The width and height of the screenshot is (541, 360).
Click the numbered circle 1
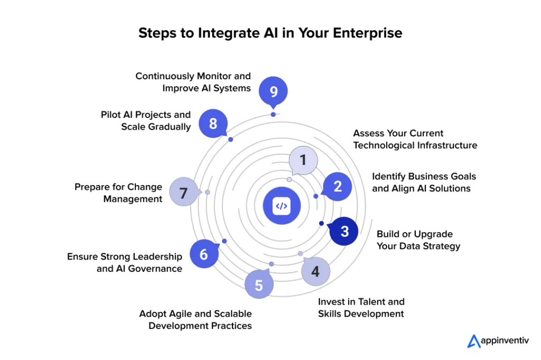pos(303,160)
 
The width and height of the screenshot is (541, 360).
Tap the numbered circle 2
pos(338,186)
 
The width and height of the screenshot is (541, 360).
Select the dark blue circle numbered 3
pos(344,232)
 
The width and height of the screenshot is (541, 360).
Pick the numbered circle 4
pos(315,272)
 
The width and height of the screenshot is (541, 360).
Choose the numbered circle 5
pos(259,285)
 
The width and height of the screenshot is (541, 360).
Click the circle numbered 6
pos(204,254)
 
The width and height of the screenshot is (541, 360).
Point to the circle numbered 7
pos(183,193)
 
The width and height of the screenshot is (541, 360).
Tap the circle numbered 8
pos(213,124)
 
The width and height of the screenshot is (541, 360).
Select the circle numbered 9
pos(273,91)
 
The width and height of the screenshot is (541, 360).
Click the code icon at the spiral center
pos(282,206)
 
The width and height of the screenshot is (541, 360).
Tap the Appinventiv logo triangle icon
pos(473,341)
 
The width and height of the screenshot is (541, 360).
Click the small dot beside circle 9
pos(273,114)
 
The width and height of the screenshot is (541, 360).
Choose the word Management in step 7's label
pos(133,199)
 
